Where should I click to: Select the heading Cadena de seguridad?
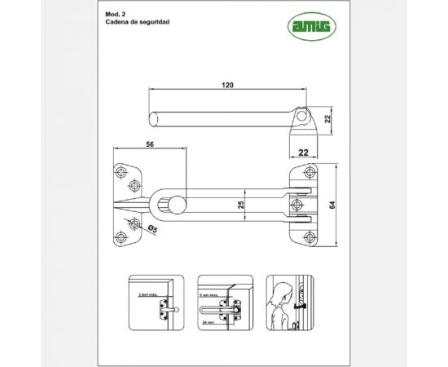tap(138, 24)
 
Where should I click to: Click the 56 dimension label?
tap(150, 144)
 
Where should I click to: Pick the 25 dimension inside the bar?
tap(241, 204)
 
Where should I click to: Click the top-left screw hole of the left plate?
tap(122, 173)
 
